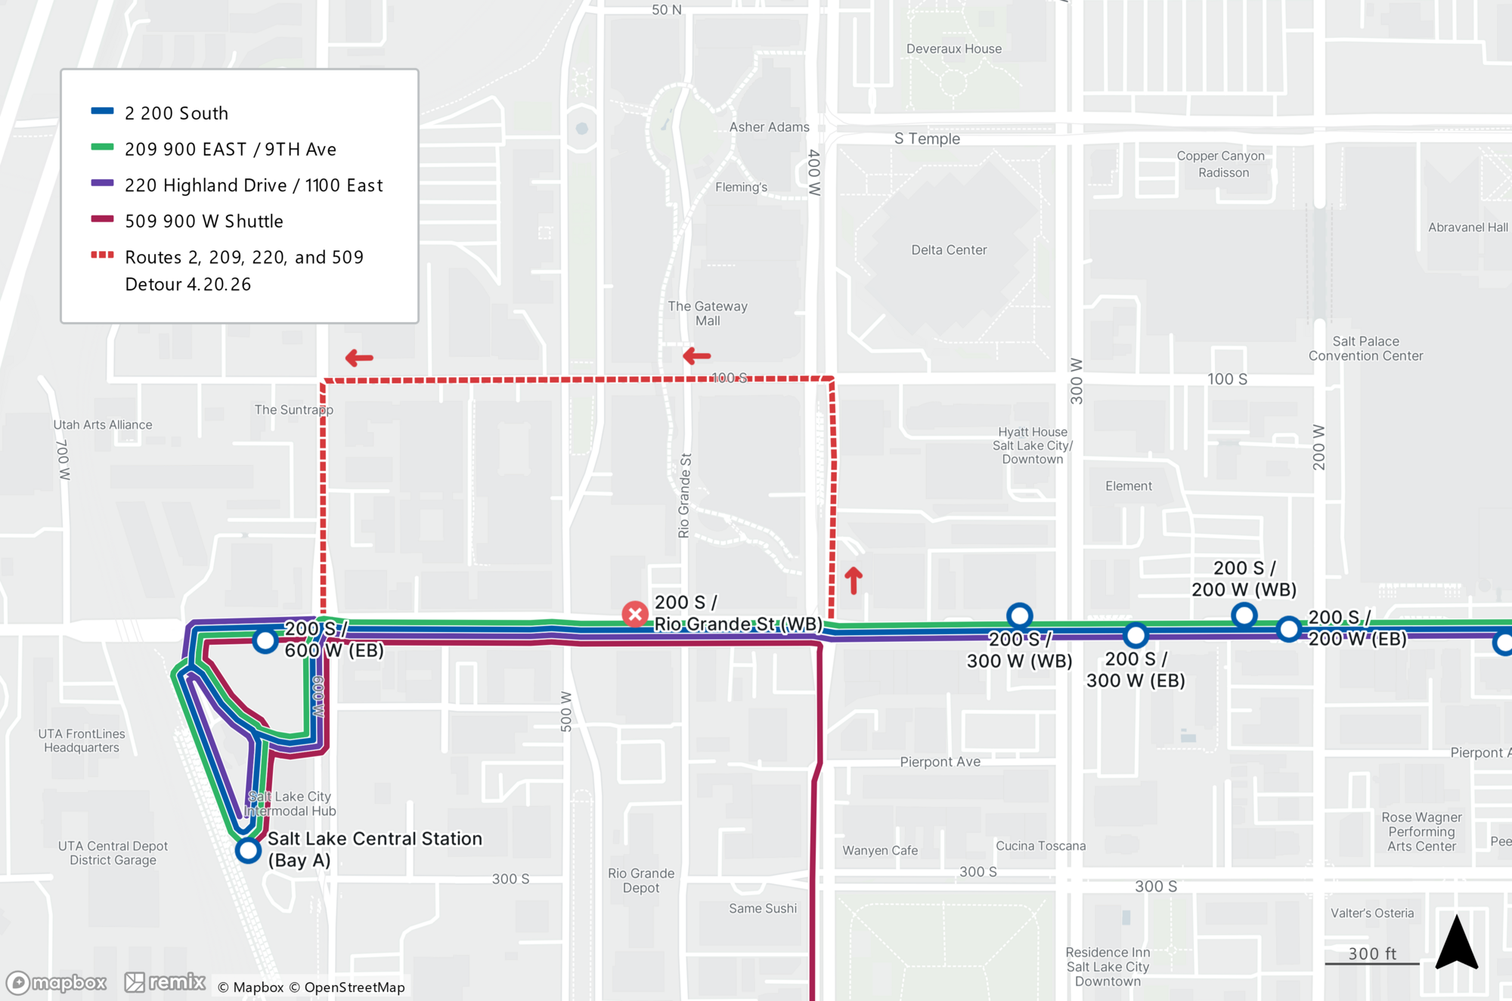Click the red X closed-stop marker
click(635, 614)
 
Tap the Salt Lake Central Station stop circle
click(248, 850)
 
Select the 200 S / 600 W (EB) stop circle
click(265, 640)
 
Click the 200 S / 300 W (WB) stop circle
click(1019, 615)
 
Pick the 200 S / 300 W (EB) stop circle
click(1136, 635)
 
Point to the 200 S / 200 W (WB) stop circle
click(1244, 615)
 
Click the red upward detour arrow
click(854, 580)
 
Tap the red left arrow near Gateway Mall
click(696, 355)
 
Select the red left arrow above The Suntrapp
click(359, 358)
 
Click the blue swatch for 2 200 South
click(102, 111)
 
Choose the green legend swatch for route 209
click(102, 147)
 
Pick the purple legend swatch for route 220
click(102, 184)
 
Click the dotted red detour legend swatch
click(102, 256)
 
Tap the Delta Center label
click(948, 250)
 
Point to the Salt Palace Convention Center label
click(1365, 349)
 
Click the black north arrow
click(1456, 942)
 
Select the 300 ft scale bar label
click(1372, 953)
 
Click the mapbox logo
click(57, 982)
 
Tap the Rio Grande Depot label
click(641, 880)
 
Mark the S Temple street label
click(927, 138)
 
